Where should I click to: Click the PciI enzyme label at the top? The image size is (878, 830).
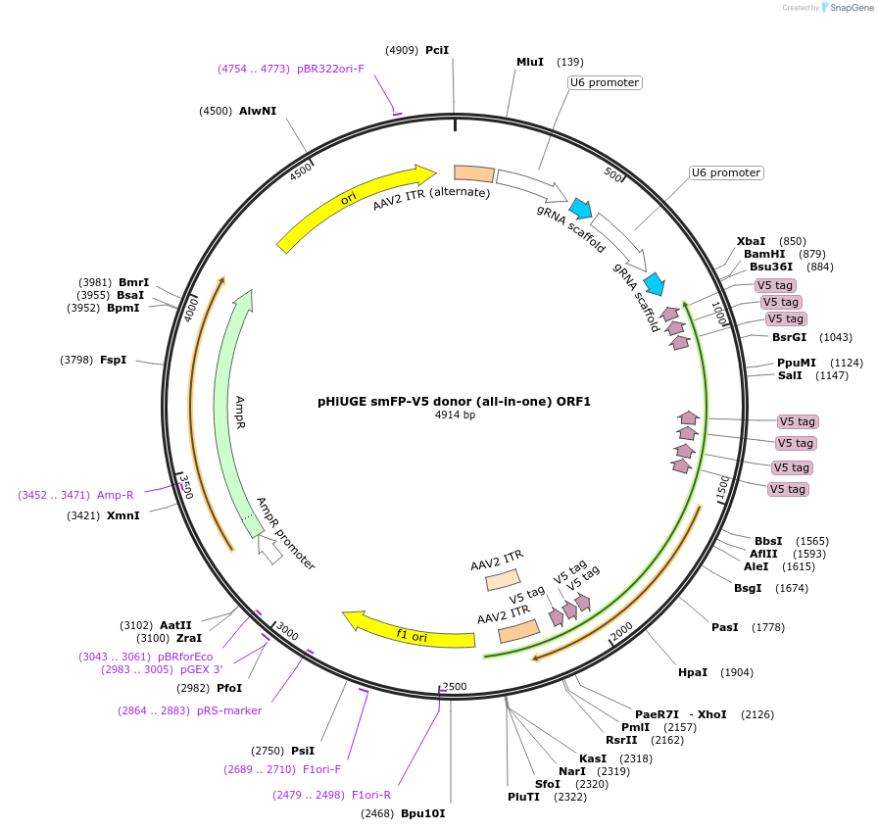point(437,50)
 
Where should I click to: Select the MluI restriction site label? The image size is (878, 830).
point(530,62)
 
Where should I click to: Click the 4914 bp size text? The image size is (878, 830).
point(455,415)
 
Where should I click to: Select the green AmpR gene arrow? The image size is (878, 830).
point(232,412)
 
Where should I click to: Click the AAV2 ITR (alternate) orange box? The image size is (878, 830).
point(474,173)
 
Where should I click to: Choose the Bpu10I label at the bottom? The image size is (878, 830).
point(422,813)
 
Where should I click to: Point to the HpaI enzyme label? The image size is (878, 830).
point(692,672)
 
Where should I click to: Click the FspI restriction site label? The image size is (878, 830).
point(113,360)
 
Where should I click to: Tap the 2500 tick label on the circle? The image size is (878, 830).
point(455,686)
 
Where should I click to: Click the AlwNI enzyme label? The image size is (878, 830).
point(258,111)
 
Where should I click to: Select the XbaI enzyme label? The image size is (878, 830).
point(751,241)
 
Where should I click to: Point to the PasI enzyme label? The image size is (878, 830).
point(725,627)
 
